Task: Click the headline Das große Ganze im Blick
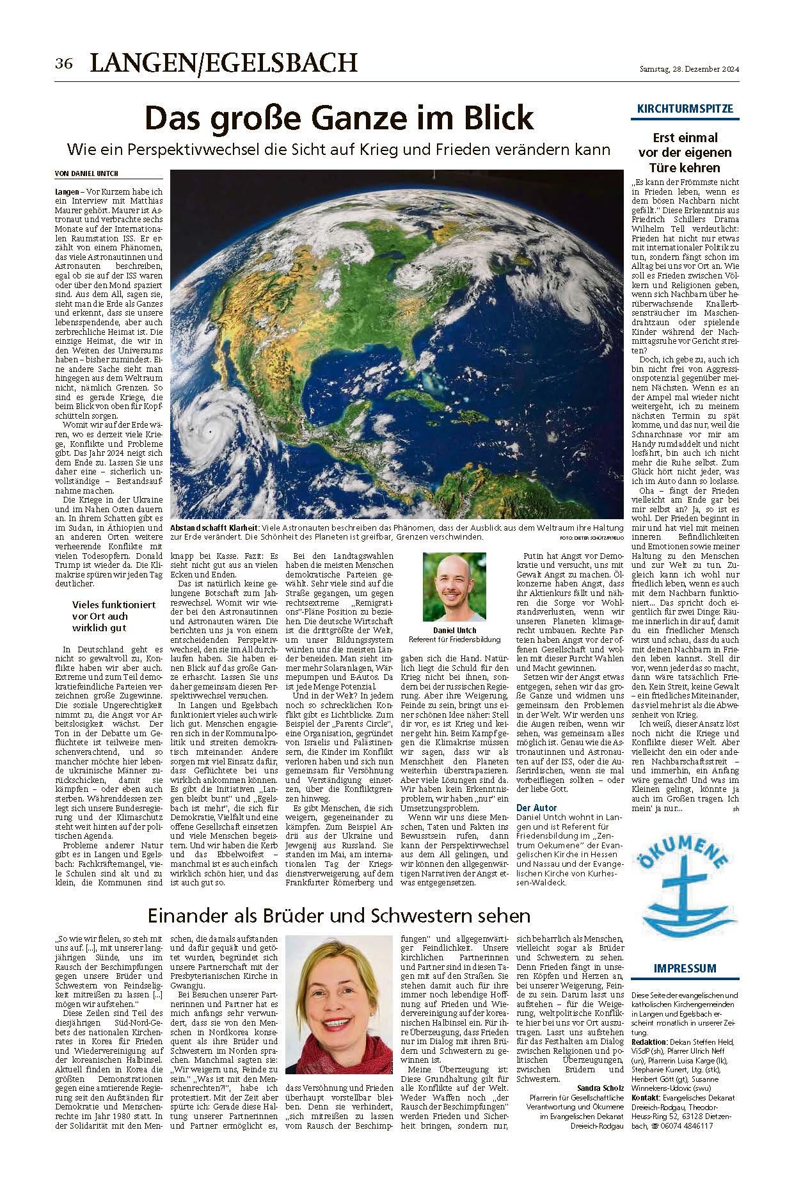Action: point(339,118)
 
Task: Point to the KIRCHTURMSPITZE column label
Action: point(685,109)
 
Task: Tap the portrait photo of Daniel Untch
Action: point(454,588)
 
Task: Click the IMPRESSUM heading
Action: point(685,968)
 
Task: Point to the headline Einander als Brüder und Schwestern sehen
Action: point(339,914)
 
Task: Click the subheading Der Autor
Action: point(537,808)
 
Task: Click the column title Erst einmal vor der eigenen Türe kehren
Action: point(685,152)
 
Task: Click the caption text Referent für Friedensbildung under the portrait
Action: point(454,639)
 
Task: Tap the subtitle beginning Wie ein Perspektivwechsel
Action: point(339,150)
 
